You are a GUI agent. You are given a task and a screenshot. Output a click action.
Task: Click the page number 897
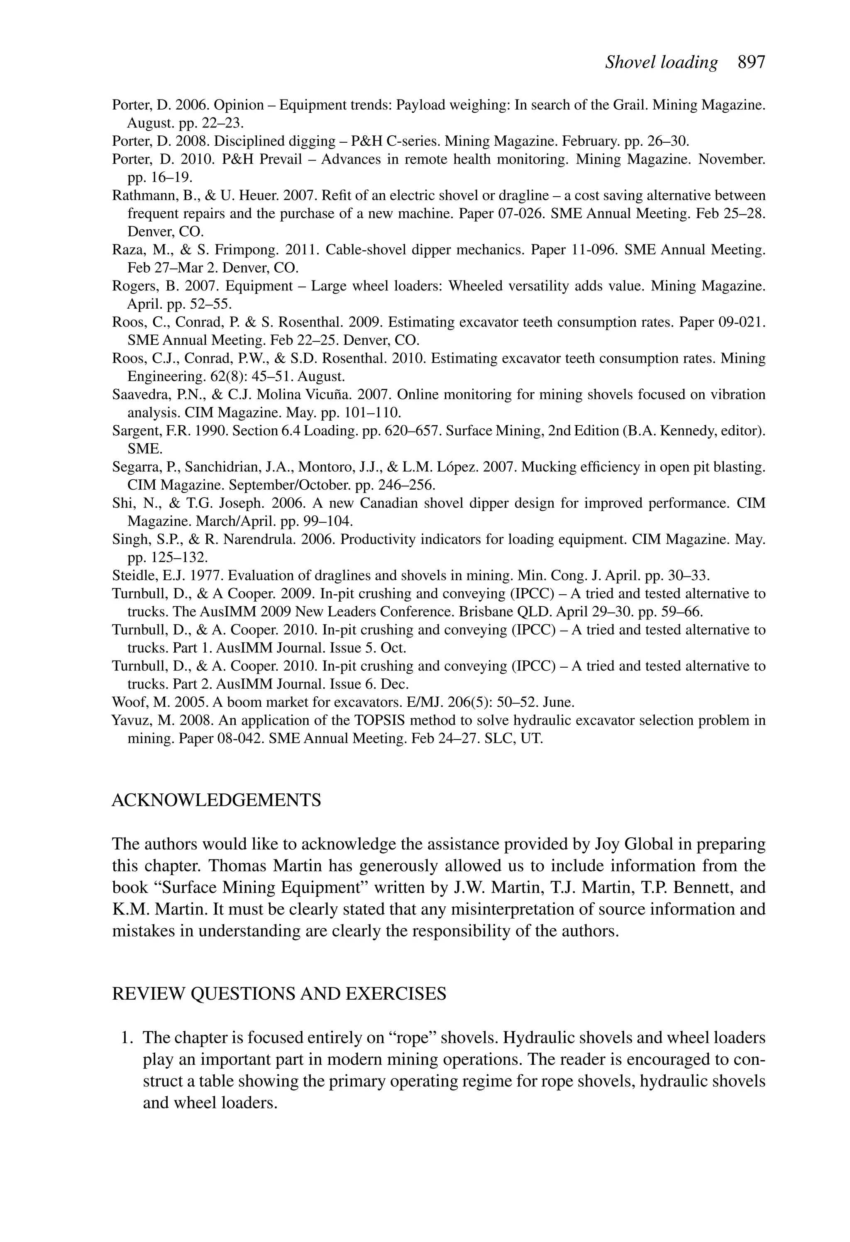(x=751, y=63)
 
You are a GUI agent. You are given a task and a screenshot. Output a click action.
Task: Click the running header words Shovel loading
(x=661, y=63)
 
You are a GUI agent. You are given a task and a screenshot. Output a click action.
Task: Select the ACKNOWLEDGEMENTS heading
(x=217, y=800)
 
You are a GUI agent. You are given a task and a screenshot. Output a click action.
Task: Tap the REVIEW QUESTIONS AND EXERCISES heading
(x=279, y=993)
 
